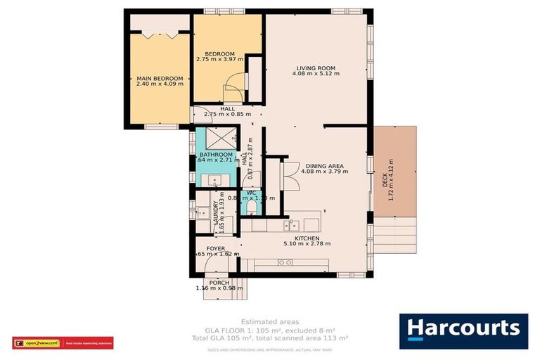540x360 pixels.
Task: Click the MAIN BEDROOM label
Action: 160,78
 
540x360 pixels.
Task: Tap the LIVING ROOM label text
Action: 315,68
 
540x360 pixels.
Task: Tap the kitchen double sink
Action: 292,225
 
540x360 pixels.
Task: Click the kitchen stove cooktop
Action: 285,262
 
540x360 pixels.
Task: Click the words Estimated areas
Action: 269,320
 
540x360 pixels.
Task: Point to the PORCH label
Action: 219,282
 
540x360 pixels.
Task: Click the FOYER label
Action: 216,249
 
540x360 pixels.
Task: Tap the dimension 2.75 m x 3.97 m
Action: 219,60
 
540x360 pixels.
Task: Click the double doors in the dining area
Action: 290,174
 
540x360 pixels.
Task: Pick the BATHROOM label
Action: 216,154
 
